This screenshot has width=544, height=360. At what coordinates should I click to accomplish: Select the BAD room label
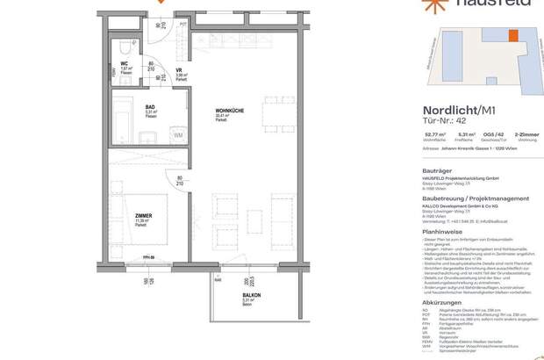(x=151, y=109)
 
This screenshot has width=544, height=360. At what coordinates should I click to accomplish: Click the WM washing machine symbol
(x=178, y=134)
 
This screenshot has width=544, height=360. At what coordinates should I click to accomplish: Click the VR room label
(x=179, y=71)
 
